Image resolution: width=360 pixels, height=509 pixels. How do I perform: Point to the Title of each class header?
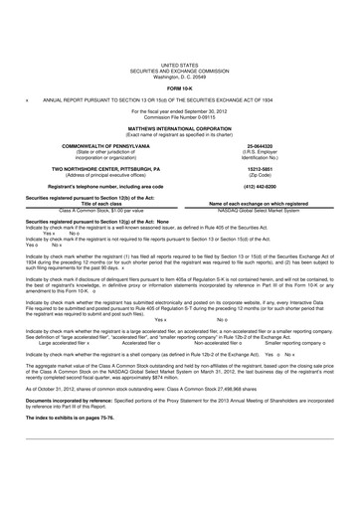[x=90, y=175]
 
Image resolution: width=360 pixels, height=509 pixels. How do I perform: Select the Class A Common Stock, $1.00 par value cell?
[x=90, y=181]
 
